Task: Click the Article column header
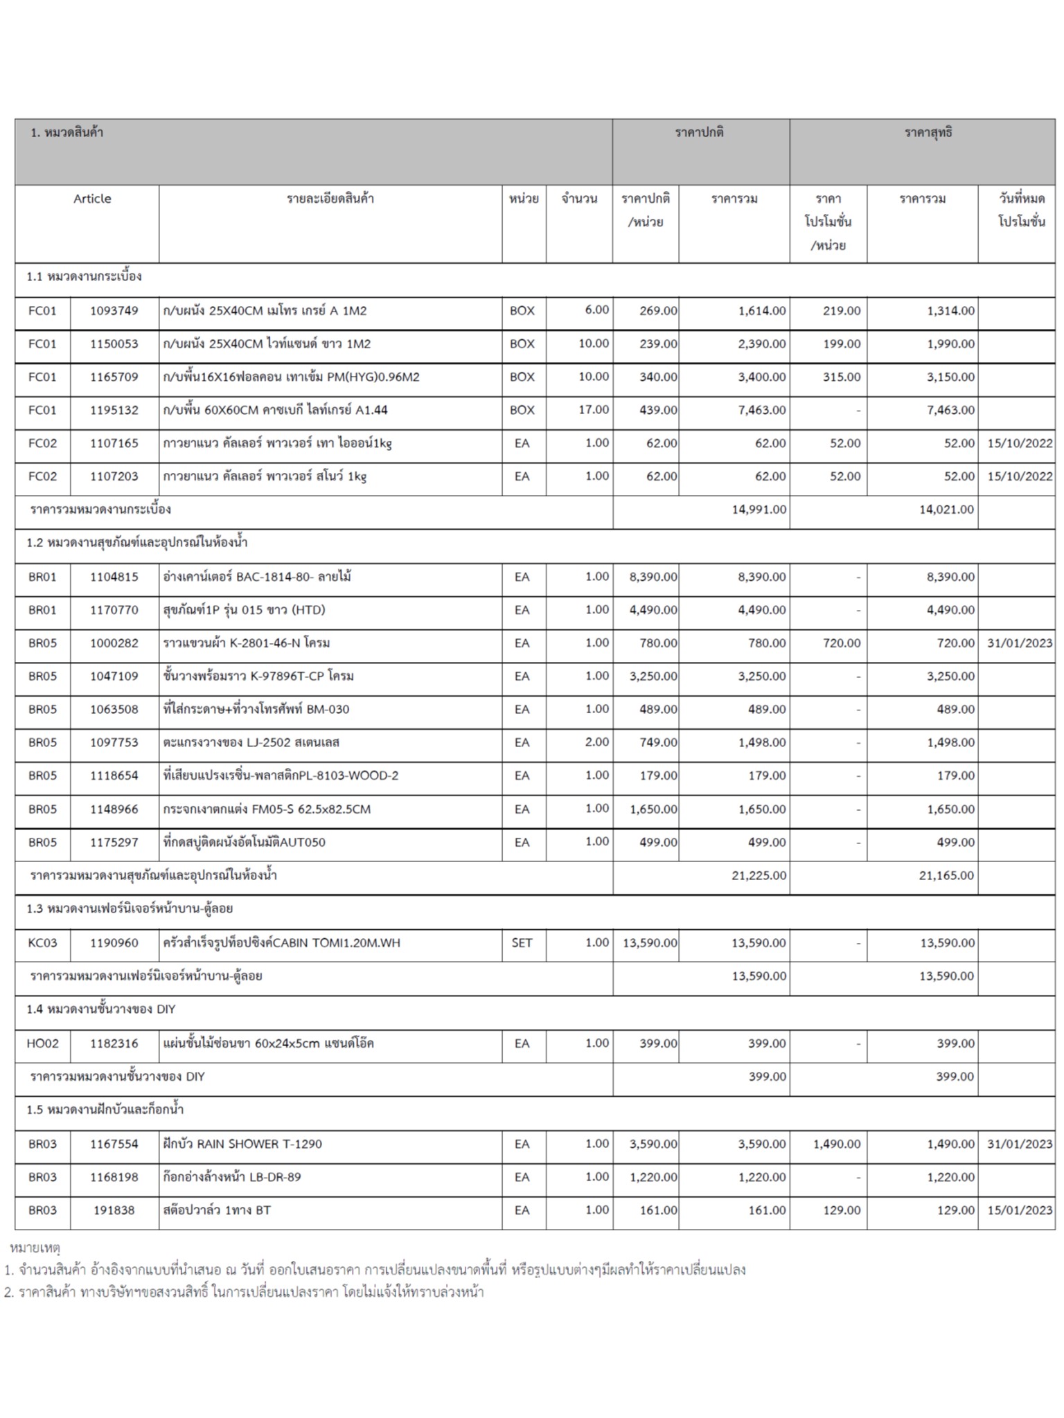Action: coord(92,199)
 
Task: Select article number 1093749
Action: coord(114,311)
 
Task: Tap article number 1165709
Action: coord(114,377)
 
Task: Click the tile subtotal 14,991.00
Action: coord(759,510)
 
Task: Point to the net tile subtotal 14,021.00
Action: coord(946,510)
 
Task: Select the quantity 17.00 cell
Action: coord(594,410)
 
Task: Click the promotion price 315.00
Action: coord(842,377)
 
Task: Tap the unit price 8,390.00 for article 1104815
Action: coord(653,577)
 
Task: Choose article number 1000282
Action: coord(114,643)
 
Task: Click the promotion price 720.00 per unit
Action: coord(842,643)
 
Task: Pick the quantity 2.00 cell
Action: coord(596,742)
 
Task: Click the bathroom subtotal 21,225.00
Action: coord(759,876)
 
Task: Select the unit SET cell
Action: coord(522,943)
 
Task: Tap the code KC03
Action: coord(42,943)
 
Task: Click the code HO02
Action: coord(42,1043)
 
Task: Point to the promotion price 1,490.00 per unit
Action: coord(837,1144)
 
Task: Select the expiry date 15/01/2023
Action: coord(1020,1210)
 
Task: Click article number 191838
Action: coord(114,1210)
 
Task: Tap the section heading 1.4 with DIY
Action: coord(101,1009)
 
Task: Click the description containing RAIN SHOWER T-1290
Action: coord(242,1144)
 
